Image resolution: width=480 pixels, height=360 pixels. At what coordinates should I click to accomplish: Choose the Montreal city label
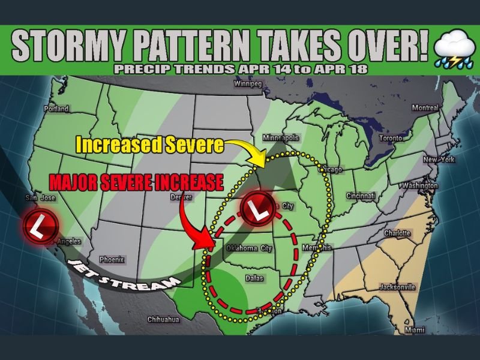click(425, 107)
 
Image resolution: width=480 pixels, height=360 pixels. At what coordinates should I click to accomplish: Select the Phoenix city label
click(112, 260)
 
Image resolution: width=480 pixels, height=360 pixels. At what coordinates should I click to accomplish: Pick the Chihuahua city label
click(164, 319)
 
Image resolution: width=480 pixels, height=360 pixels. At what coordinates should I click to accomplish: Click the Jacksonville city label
click(397, 287)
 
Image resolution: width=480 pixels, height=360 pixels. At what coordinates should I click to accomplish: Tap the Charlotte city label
click(397, 233)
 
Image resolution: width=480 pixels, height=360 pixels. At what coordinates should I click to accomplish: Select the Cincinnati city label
click(360, 196)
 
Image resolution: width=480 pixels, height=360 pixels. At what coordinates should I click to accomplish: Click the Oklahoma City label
click(249, 248)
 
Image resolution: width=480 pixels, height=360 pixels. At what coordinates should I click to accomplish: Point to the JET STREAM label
click(124, 275)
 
